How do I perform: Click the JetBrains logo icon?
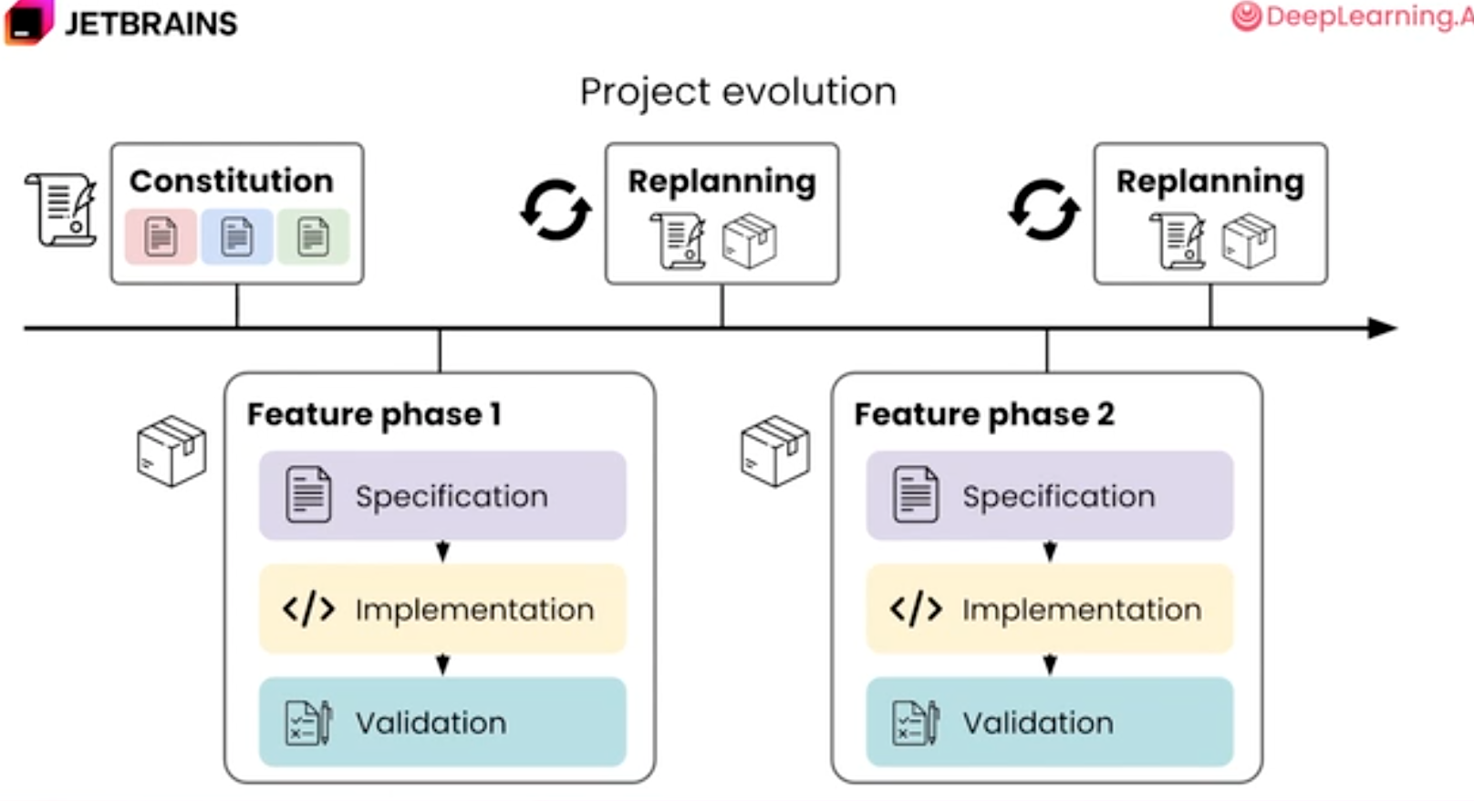pyautogui.click(x=27, y=22)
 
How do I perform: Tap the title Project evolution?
pyautogui.click(x=738, y=92)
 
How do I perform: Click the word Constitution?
pyautogui.click(x=231, y=181)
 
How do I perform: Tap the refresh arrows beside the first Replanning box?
pyautogui.click(x=556, y=210)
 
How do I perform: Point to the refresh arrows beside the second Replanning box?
pyautogui.click(x=1044, y=210)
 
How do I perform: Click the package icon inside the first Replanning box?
pyautogui.click(x=750, y=240)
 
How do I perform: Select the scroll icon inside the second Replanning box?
pyautogui.click(x=1178, y=240)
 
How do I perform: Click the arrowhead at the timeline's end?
pyautogui.click(x=1382, y=328)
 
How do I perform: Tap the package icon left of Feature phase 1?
pyautogui.click(x=171, y=452)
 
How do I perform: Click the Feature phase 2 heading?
pyautogui.click(x=984, y=415)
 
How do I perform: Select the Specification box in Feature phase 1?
pyautogui.click(x=442, y=495)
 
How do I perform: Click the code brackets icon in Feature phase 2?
pyautogui.click(x=916, y=609)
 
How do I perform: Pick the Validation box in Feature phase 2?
pyautogui.click(x=1050, y=722)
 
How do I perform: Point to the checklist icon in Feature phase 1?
pyautogui.click(x=308, y=723)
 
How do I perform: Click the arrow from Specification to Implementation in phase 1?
pyautogui.click(x=443, y=552)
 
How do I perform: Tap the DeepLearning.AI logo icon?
pyautogui.click(x=1246, y=16)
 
